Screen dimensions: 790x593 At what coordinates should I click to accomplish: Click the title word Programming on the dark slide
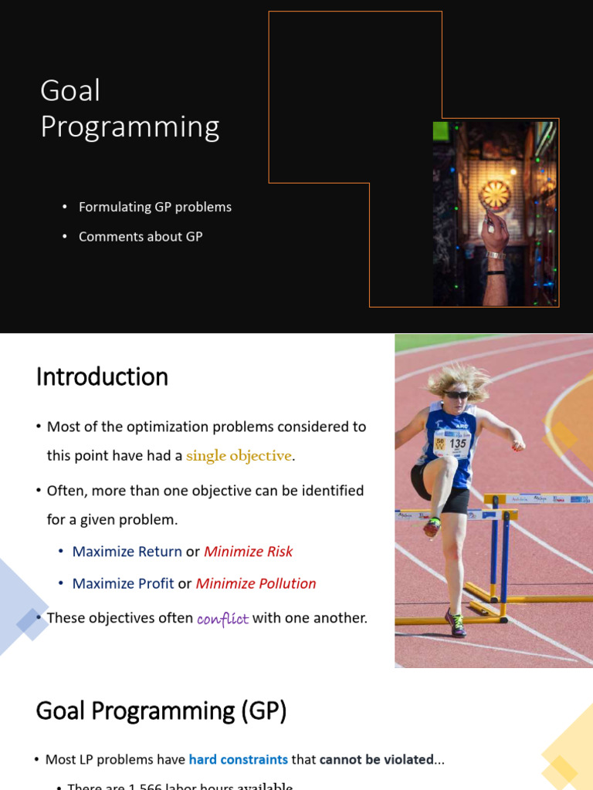(130, 127)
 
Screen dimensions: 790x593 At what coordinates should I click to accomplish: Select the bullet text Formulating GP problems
(154, 207)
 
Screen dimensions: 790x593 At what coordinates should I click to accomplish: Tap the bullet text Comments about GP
(140, 237)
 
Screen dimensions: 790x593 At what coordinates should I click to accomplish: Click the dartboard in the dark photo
(495, 194)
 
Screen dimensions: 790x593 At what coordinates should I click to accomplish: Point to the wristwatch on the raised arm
(495, 255)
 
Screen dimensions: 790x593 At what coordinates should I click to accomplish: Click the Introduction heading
(102, 377)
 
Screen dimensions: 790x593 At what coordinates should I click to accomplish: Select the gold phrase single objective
(239, 456)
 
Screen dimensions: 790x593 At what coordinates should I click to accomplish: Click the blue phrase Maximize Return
(127, 552)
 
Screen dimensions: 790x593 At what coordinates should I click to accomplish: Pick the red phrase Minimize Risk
(248, 552)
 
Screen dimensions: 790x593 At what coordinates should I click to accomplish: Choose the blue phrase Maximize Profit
(123, 583)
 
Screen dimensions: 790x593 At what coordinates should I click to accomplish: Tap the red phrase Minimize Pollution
(256, 583)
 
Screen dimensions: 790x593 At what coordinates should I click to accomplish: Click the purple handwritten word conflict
(222, 619)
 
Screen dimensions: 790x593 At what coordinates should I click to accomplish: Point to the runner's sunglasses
(456, 395)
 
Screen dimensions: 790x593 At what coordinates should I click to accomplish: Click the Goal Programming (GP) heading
(161, 711)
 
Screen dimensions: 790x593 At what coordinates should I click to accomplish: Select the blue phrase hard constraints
(238, 760)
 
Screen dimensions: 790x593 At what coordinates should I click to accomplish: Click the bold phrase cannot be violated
(376, 760)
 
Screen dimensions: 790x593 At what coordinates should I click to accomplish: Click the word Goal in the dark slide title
(70, 91)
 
